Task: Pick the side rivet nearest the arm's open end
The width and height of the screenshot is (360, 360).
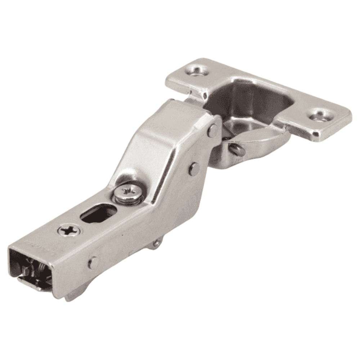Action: click(94, 262)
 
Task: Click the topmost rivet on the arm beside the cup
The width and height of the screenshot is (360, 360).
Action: click(213, 130)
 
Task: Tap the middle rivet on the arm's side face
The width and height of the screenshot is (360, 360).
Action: click(194, 168)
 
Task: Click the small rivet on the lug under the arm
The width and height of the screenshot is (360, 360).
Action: click(157, 243)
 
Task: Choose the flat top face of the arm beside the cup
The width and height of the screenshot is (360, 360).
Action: click(187, 112)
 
